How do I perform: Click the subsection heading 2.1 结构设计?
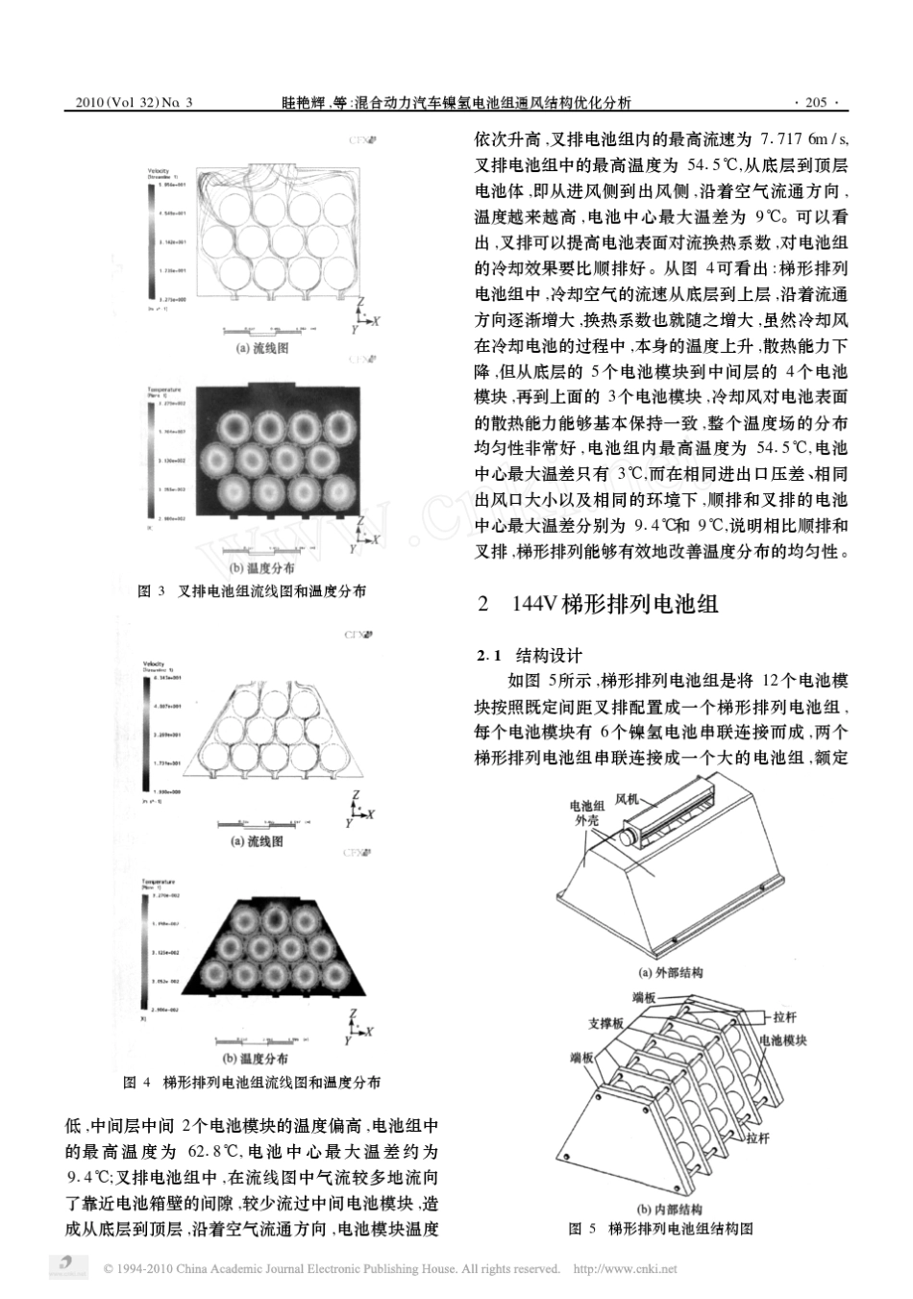click(530, 656)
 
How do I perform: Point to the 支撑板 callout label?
click(605, 1024)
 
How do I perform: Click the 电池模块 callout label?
click(783, 1040)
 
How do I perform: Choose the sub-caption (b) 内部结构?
click(670, 1209)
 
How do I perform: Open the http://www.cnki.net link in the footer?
click(625, 1269)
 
